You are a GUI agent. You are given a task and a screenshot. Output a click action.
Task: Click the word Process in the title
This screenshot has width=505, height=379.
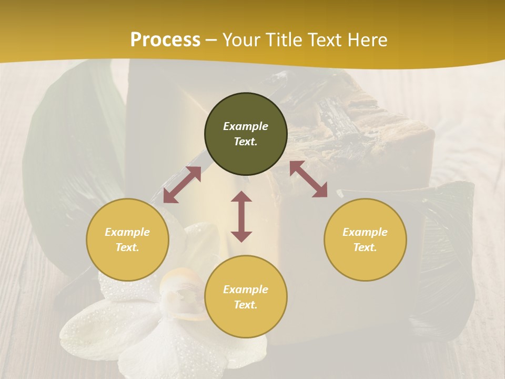click(165, 39)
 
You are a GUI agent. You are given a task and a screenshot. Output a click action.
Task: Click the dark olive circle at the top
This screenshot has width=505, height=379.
click(246, 134)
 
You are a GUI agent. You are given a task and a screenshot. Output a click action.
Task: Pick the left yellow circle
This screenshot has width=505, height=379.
click(127, 240)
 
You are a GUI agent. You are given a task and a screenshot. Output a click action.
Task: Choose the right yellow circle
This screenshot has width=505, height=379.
click(365, 240)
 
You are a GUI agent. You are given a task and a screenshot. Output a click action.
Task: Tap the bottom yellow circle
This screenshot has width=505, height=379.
click(246, 296)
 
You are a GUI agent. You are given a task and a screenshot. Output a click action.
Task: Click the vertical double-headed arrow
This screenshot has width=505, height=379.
click(241, 216)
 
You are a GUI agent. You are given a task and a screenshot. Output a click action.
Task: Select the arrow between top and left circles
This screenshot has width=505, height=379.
click(182, 185)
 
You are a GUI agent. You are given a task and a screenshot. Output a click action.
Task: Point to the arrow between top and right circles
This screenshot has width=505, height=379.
click(308, 179)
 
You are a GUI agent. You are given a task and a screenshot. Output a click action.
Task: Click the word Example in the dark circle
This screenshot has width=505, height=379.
click(246, 126)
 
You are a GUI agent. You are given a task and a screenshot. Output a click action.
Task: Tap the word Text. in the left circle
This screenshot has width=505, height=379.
click(127, 247)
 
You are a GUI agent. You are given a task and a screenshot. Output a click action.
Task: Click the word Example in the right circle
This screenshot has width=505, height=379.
click(365, 232)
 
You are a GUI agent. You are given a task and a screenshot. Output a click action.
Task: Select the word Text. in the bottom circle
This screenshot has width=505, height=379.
click(246, 305)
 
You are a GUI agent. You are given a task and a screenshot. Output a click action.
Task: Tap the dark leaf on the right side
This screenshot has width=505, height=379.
click(447, 253)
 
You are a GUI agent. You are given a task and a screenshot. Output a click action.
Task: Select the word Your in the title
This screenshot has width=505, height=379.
click(240, 39)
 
